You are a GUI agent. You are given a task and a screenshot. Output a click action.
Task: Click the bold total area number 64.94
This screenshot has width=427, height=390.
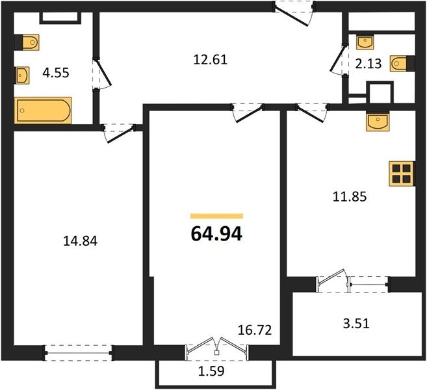click(x=216, y=234)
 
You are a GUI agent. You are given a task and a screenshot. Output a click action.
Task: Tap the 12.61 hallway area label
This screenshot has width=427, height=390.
click(x=210, y=60)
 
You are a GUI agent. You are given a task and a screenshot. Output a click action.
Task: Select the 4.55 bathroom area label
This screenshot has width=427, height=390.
click(x=56, y=73)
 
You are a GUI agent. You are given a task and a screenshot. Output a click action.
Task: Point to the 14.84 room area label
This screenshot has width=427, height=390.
click(x=80, y=241)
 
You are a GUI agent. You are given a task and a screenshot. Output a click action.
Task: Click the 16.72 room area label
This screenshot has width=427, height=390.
click(x=255, y=330)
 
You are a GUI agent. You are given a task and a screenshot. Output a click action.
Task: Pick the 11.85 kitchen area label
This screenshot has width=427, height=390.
click(x=350, y=197)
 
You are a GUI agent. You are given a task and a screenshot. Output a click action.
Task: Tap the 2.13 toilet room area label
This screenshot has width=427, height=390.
click(x=369, y=64)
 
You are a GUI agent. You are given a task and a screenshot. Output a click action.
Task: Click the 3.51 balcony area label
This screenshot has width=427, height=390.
click(x=356, y=324)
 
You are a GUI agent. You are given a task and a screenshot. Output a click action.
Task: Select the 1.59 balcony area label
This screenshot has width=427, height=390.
click(x=211, y=371)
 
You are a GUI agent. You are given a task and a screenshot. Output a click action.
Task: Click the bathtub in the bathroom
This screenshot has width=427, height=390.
click(x=43, y=110)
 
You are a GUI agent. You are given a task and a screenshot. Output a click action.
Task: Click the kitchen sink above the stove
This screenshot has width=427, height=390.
click(x=378, y=121)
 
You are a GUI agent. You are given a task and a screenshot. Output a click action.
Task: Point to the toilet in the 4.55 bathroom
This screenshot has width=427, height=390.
click(x=27, y=42)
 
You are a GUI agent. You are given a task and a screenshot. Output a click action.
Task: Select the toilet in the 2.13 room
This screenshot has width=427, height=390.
click(x=402, y=64)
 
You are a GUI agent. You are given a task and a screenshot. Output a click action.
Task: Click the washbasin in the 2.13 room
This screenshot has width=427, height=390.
click(x=365, y=42)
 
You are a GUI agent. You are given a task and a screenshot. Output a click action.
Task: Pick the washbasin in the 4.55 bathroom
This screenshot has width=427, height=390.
click(x=22, y=75)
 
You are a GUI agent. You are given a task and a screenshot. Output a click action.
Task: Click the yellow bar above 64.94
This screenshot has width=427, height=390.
click(x=216, y=216)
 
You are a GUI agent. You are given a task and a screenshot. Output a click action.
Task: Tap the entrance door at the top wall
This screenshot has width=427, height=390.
click(x=294, y=13)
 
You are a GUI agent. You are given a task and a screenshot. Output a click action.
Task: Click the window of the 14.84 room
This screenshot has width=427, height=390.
click(x=78, y=353)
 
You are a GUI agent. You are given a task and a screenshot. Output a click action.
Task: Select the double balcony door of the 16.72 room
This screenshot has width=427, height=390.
click(x=217, y=349)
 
